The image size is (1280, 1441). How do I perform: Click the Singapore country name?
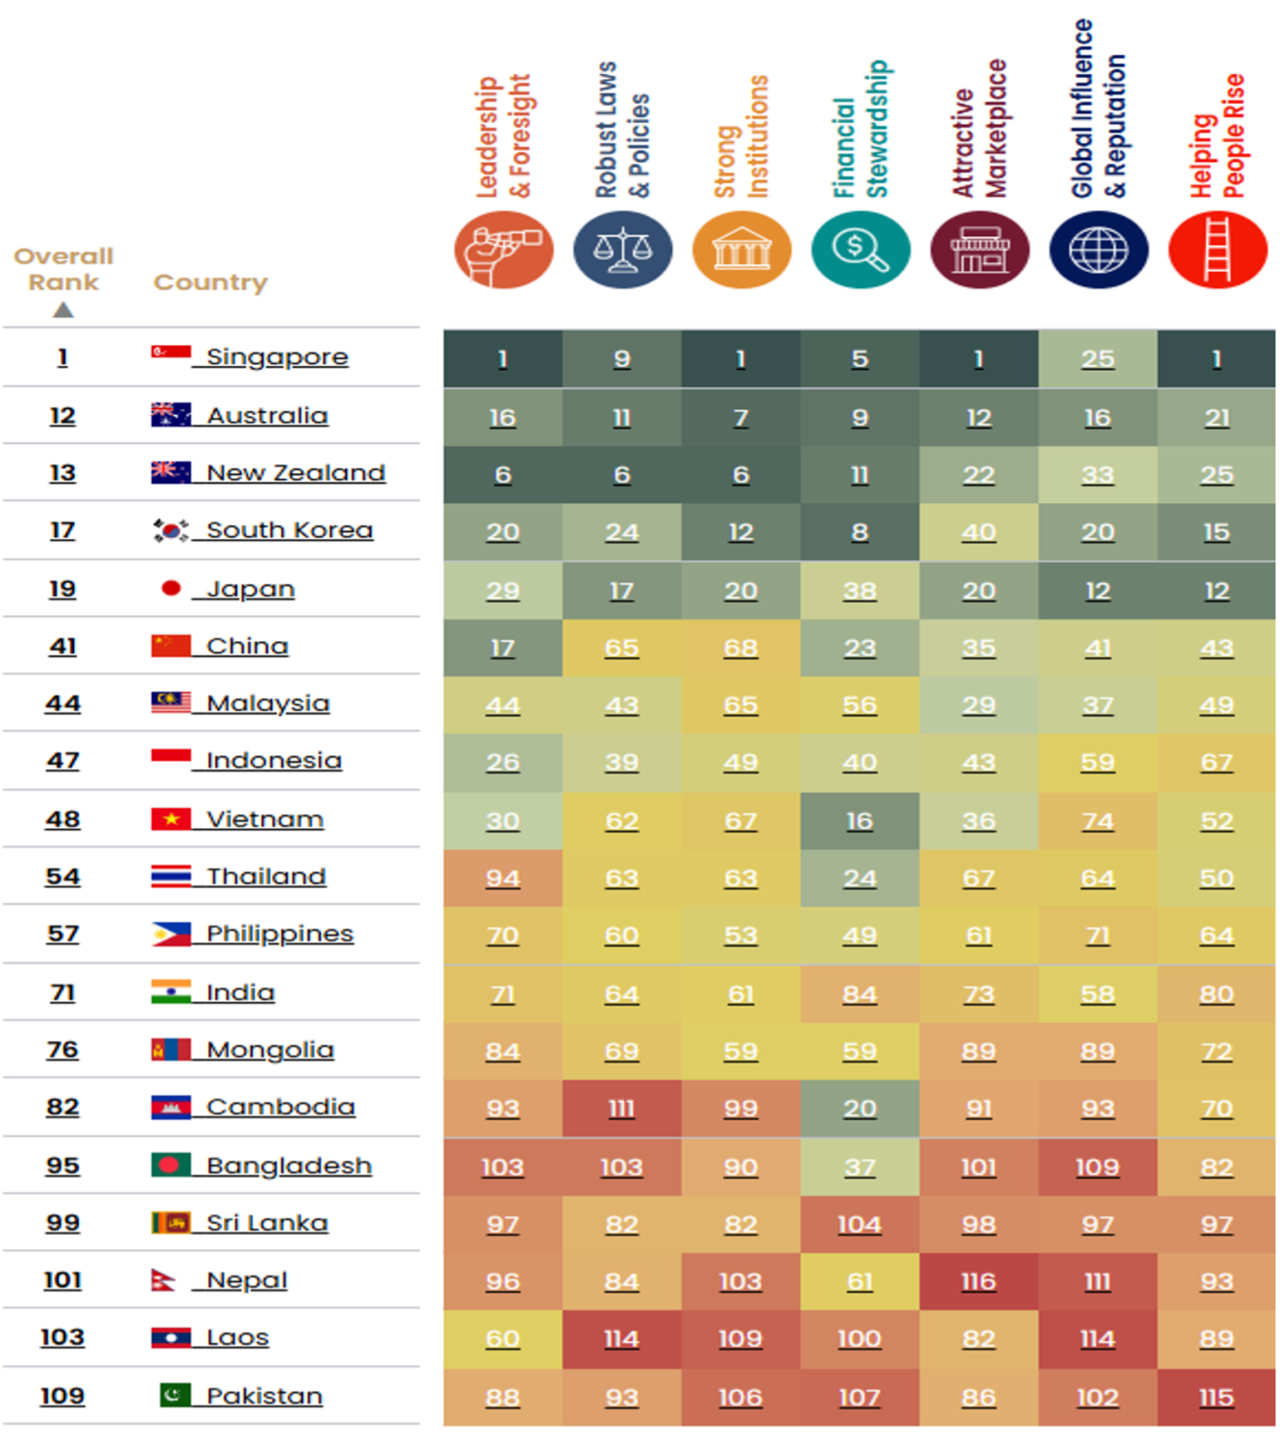(x=277, y=357)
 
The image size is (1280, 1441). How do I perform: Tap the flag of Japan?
(x=171, y=588)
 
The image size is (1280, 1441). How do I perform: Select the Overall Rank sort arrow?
(x=63, y=310)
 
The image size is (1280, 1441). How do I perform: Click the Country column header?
(x=210, y=282)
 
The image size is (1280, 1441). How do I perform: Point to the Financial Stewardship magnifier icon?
(x=860, y=250)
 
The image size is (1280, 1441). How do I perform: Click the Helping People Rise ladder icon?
(x=1218, y=250)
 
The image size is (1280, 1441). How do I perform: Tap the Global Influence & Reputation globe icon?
(x=1099, y=250)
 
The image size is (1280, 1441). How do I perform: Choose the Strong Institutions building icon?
(x=741, y=250)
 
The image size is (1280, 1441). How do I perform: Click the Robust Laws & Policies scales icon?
(x=622, y=250)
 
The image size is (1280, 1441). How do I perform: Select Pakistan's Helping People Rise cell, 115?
(x=1217, y=1398)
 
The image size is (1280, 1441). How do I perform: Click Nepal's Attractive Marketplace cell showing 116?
(x=978, y=1282)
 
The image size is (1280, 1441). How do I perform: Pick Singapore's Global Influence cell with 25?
(x=1098, y=359)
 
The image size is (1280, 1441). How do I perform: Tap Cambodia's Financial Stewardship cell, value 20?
(x=859, y=1109)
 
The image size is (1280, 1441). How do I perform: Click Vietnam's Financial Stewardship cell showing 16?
(x=859, y=821)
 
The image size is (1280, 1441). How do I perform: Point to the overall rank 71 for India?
(x=62, y=992)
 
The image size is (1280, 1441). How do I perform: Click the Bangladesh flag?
(x=171, y=1165)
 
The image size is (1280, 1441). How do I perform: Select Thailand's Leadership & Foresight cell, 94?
(x=502, y=878)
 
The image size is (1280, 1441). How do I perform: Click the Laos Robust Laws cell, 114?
(x=621, y=1339)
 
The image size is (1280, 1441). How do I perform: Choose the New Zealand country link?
(x=296, y=473)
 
